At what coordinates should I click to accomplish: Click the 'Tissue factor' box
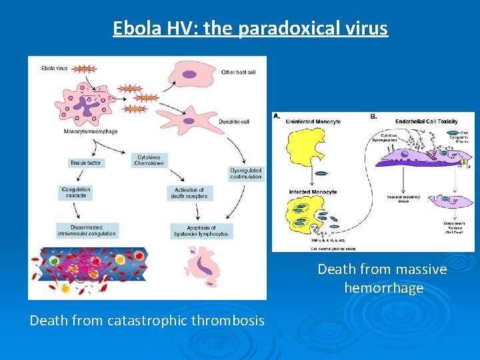coord(86,163)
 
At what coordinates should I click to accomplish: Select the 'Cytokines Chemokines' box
coord(148,160)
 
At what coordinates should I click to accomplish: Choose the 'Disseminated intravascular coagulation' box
coord(87,230)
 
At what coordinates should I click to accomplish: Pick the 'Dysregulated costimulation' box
coord(246,173)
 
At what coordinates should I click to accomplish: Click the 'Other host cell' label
coord(238,72)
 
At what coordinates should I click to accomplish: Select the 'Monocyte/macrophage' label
coord(91,131)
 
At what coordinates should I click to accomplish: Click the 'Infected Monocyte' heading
coord(313,192)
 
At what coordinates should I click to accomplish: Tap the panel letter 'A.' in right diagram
coord(277,116)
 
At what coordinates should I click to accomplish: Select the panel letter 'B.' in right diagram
coord(374,116)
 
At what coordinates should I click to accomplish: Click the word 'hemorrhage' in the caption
coord(383,288)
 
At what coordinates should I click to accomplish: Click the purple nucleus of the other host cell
coord(190,74)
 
